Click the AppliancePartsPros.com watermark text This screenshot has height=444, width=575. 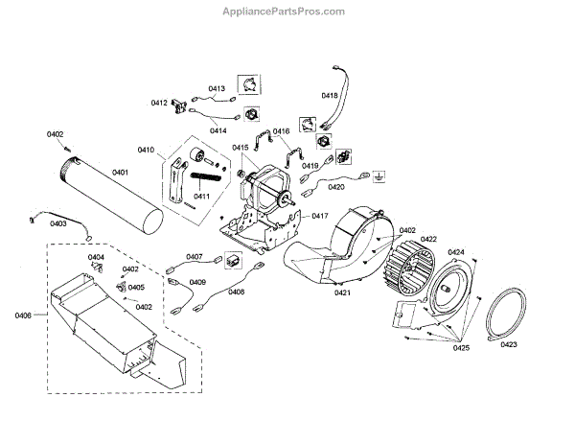287,12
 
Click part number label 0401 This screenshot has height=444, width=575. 120,173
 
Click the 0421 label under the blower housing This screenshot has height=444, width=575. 343,293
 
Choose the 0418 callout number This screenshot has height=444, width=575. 330,96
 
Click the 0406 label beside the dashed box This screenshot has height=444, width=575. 24,315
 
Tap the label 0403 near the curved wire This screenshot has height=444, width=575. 58,223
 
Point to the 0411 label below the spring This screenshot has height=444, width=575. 202,196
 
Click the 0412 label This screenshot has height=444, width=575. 159,103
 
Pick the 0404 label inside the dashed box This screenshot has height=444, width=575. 97,258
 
